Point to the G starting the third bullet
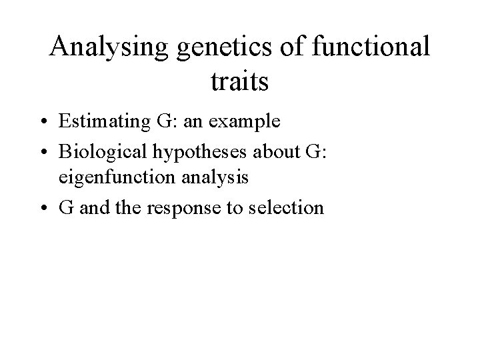pos(67,207)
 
